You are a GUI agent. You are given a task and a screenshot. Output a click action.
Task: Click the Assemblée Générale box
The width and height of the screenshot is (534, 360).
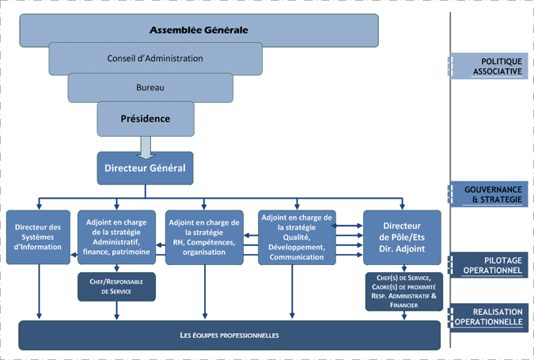[x=199, y=30]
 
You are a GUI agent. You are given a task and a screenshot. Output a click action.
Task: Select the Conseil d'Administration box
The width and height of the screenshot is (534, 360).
[x=155, y=59]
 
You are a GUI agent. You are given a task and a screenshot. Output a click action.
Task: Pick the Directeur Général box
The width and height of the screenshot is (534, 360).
[x=145, y=168]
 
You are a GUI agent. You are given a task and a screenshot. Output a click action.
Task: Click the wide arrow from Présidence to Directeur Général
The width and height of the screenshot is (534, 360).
[x=145, y=144]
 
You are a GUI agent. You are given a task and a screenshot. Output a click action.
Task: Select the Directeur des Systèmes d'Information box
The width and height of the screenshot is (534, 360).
[x=38, y=235]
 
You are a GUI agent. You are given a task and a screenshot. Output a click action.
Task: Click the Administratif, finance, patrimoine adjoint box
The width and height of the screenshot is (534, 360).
[x=117, y=237]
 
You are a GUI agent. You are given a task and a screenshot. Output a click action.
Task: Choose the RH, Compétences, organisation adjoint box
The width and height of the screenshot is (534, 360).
[x=205, y=237]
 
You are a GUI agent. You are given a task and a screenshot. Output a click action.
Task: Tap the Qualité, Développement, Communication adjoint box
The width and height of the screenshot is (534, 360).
[x=297, y=237]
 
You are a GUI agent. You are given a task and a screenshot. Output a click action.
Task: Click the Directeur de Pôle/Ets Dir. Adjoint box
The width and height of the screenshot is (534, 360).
[x=401, y=235]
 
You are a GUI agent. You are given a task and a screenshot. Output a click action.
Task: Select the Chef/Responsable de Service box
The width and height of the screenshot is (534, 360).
[x=116, y=286]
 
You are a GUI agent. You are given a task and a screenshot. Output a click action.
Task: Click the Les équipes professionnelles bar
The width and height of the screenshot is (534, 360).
[x=229, y=335]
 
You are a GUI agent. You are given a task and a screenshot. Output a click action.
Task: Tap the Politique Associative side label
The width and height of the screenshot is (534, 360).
[x=490, y=67]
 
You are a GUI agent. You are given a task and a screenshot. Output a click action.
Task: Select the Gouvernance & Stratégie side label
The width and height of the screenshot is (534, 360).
[x=490, y=195]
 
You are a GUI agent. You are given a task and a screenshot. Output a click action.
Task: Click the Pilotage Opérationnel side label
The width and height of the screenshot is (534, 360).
[x=490, y=265]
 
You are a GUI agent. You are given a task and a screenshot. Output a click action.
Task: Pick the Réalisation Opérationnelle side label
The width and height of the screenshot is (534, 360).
[x=490, y=317]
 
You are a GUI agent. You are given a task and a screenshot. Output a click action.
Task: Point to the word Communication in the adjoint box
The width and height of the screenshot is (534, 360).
[x=296, y=257]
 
